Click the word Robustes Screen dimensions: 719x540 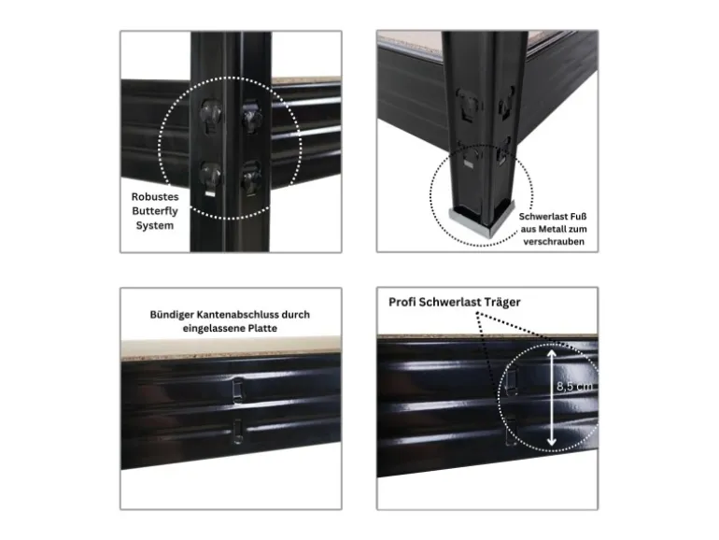tap(155, 197)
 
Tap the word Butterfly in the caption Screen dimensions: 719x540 tap(155, 211)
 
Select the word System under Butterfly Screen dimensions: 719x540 tap(155, 226)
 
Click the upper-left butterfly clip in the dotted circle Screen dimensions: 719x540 tap(211, 115)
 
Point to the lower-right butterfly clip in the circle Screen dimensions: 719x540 tap(251, 177)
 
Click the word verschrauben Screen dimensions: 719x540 tap(554, 242)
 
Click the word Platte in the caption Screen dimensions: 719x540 tap(262, 329)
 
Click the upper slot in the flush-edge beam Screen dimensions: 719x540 tap(237, 390)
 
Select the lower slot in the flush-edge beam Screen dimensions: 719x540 tap(237, 432)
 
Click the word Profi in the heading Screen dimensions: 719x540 tap(402, 303)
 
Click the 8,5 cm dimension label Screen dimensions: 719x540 tap(574, 386)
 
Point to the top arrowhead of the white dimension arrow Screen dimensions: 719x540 tap(552, 354)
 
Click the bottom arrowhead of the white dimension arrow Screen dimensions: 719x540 tap(552, 442)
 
